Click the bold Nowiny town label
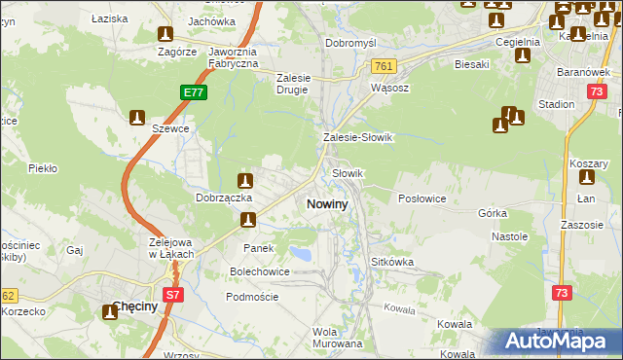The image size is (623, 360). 327,204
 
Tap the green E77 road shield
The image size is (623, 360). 194,93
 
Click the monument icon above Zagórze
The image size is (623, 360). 165,33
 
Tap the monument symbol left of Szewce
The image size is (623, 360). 137,118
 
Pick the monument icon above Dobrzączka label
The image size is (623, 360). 246,180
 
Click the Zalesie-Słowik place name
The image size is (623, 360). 357,138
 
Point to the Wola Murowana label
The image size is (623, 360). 337,338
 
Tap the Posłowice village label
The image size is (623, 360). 421,198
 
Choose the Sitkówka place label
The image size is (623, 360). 393,263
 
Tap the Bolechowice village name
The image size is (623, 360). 259,271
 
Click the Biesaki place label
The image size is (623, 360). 471,64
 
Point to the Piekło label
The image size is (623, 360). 43,168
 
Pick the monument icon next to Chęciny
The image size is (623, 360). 109,313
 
